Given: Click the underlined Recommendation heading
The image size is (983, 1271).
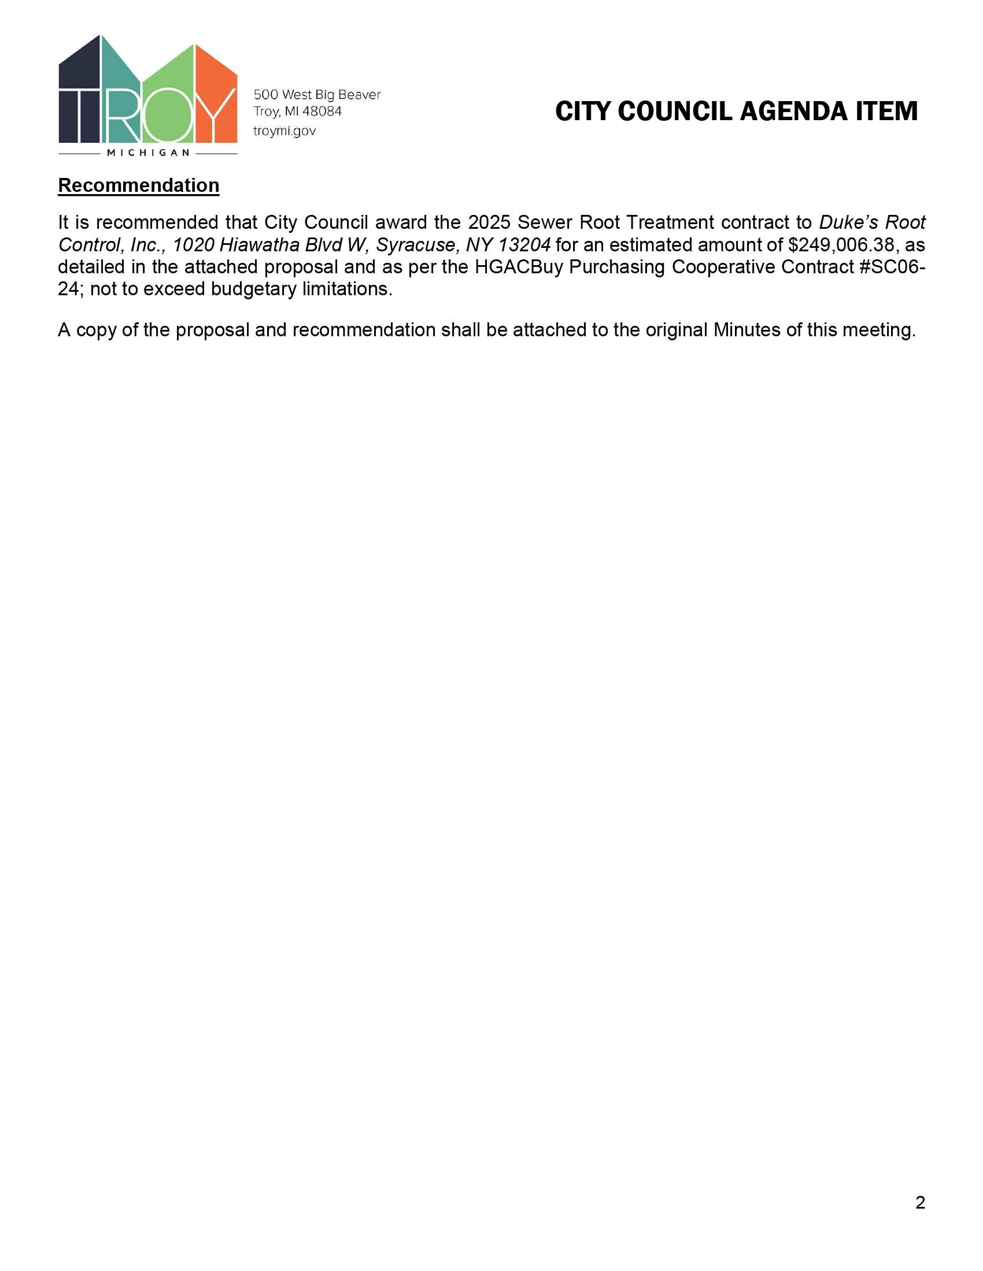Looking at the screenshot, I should [x=139, y=185].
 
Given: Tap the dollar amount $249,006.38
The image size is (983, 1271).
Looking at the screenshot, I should [x=836, y=244].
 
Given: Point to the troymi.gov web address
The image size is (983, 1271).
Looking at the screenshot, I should [x=284, y=131].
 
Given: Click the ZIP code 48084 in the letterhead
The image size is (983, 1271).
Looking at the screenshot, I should [x=321, y=111].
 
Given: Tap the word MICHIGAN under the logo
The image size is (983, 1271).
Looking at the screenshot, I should [x=148, y=153].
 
